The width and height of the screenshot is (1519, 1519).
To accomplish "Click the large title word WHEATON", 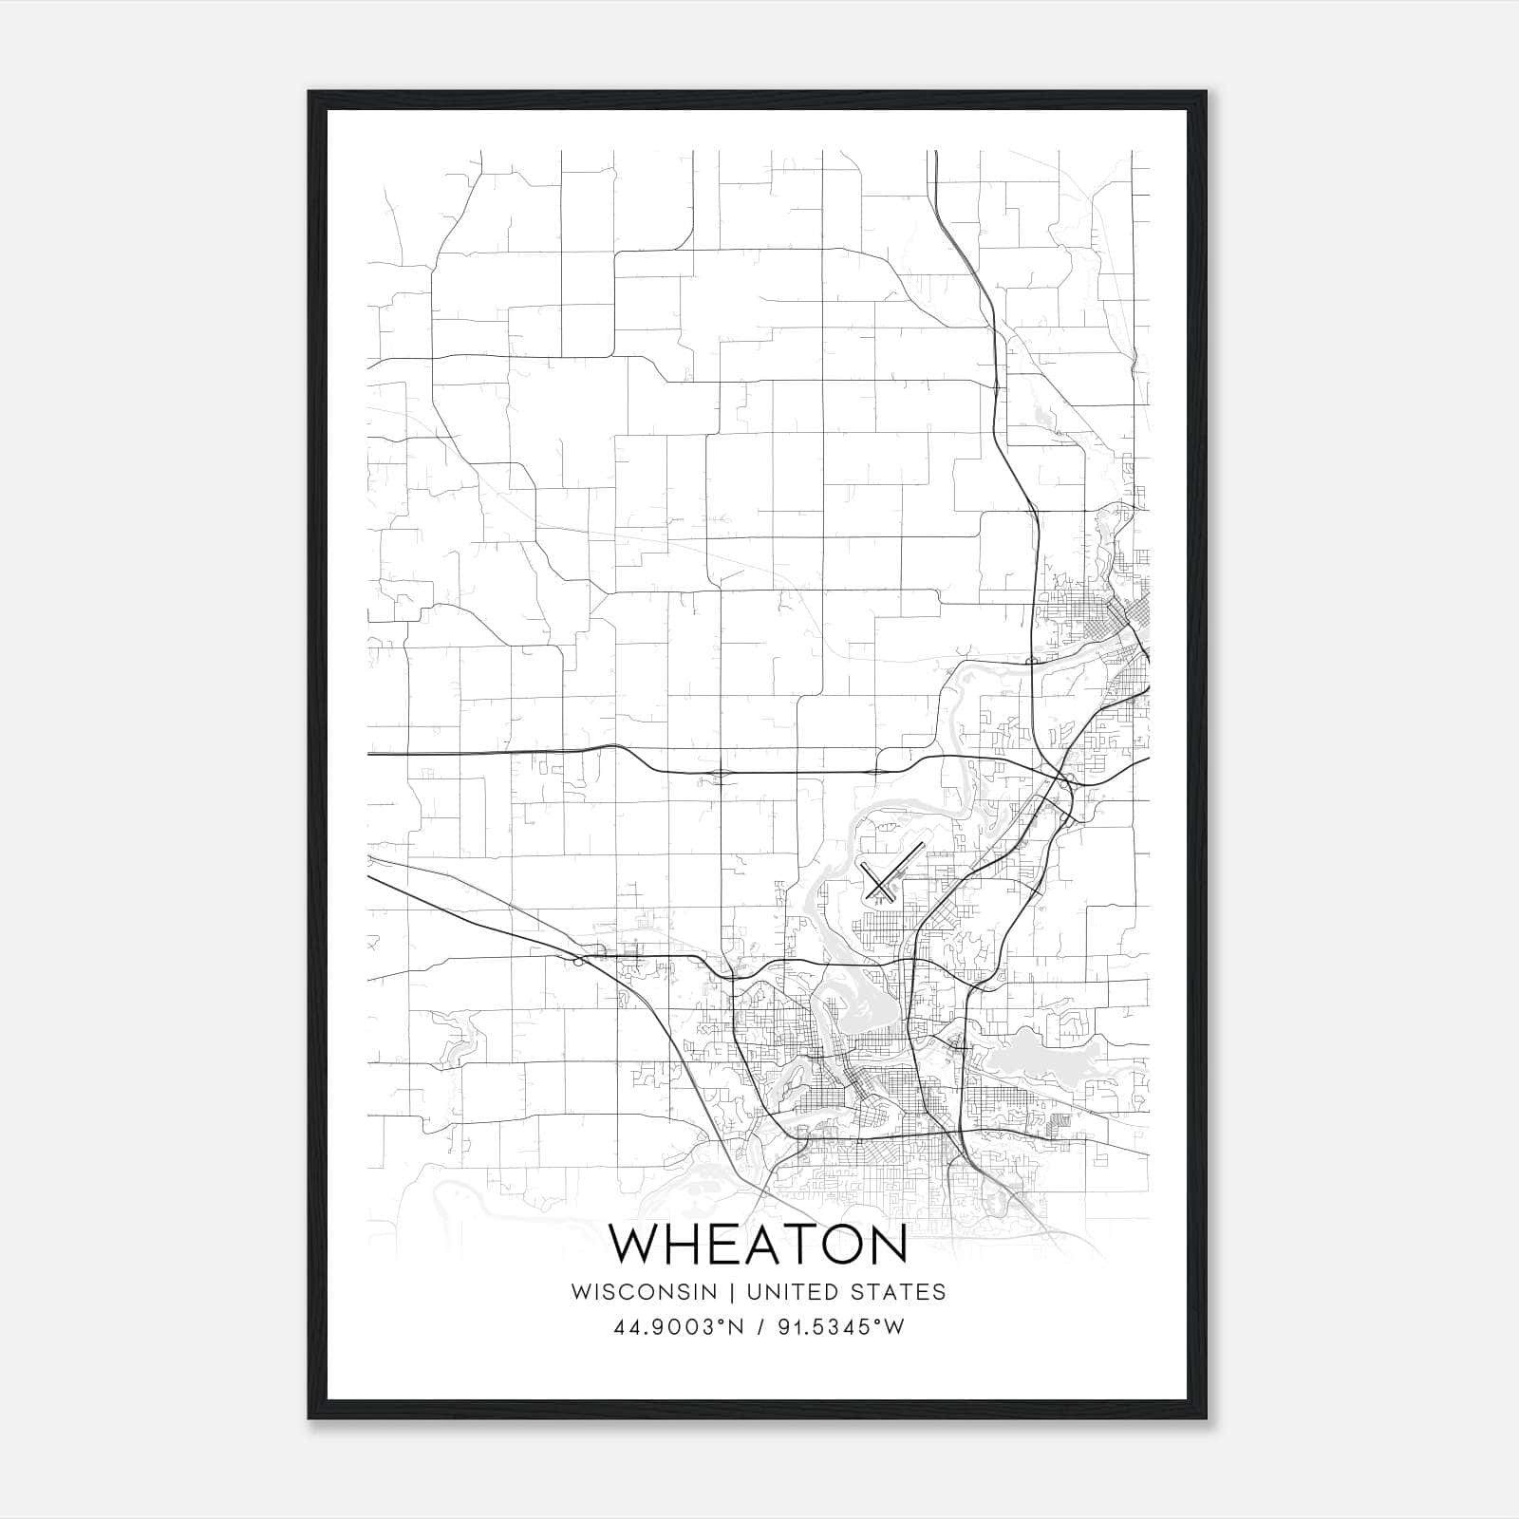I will pyautogui.click(x=758, y=1245).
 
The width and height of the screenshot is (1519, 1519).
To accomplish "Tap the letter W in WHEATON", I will pyautogui.click(x=633, y=1245).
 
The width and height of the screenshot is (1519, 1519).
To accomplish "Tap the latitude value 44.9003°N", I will pyautogui.click(x=675, y=1327).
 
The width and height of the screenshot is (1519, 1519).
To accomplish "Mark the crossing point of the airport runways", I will pyautogui.click(x=881, y=884).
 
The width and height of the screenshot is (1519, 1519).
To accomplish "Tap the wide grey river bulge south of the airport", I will pyautogui.click(x=854, y=1006).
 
